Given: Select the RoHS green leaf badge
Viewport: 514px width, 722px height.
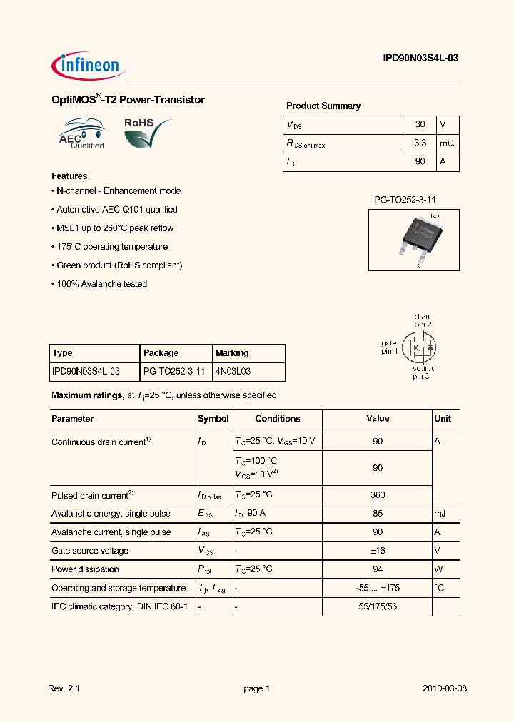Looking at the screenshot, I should click(146, 133).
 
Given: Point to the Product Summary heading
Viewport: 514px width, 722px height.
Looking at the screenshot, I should click(323, 106).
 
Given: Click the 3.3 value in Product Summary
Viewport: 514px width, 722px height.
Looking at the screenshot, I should click(420, 143).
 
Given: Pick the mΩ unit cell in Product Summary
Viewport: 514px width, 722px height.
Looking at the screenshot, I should click(447, 143).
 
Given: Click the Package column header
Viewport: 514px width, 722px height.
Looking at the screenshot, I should click(161, 353).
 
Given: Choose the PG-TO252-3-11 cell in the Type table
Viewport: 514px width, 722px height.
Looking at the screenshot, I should click(174, 372).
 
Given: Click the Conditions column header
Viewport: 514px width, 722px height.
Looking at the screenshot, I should click(278, 419).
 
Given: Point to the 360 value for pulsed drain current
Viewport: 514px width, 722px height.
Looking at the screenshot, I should click(378, 494).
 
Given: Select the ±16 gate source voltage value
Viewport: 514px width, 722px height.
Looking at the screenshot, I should click(378, 551).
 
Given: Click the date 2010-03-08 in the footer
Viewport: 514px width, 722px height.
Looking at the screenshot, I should click(444, 688).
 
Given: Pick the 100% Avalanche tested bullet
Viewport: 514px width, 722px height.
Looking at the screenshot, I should click(101, 284).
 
